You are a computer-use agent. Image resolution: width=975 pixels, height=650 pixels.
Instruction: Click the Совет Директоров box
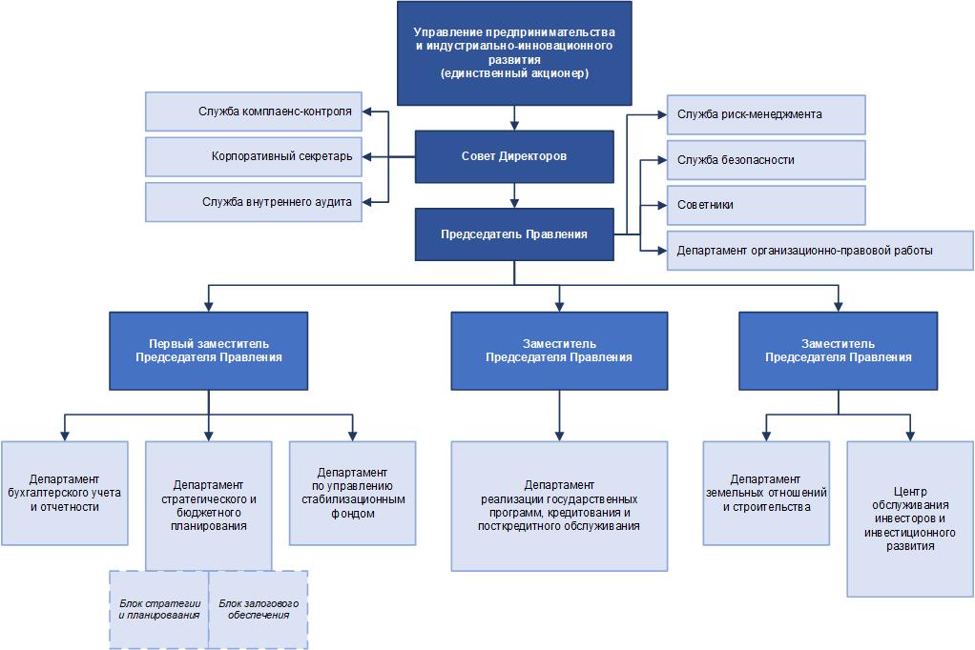(514, 156)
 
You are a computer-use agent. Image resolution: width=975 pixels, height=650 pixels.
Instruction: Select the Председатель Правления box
(514, 234)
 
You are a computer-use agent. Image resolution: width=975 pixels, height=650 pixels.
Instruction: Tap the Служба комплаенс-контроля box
(254, 112)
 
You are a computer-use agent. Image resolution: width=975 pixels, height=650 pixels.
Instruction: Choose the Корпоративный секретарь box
(254, 156)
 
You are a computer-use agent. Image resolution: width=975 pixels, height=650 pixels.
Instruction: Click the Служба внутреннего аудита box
(254, 202)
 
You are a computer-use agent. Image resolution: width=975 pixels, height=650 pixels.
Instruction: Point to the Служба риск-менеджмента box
(766, 114)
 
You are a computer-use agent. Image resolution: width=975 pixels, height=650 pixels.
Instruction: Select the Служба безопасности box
(766, 160)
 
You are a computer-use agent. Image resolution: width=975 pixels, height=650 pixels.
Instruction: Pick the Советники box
(766, 205)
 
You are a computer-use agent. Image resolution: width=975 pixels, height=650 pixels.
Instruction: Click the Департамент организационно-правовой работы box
(820, 251)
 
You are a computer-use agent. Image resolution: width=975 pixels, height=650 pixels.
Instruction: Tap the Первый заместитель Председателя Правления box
(208, 351)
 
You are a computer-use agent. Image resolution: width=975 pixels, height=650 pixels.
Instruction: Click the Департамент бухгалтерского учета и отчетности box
(65, 494)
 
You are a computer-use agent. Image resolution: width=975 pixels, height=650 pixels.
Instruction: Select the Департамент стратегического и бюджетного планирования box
(208, 506)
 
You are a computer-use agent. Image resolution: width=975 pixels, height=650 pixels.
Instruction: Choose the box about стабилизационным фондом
(353, 494)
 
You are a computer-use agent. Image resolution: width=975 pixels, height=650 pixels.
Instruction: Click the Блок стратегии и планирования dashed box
(159, 610)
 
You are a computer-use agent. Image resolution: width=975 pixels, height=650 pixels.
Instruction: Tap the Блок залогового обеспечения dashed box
(258, 610)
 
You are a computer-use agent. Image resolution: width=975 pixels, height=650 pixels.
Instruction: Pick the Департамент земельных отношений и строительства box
(766, 494)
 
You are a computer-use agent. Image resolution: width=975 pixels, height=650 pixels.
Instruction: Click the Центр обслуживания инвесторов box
(910, 518)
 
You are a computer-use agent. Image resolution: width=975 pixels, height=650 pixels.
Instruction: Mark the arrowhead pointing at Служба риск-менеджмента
(661, 114)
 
